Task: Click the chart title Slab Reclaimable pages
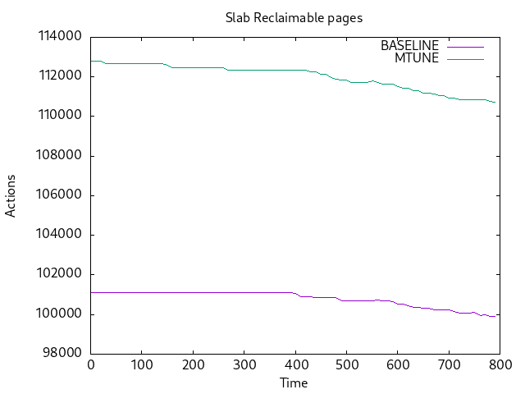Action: click(294, 17)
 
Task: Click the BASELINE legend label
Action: click(409, 46)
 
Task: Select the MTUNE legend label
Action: click(417, 58)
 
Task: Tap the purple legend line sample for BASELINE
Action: click(465, 46)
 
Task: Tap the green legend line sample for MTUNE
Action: click(465, 58)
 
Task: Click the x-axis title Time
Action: click(294, 383)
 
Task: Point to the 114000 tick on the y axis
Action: click(58, 37)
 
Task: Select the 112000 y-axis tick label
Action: click(58, 76)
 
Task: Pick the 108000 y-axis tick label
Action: click(58, 156)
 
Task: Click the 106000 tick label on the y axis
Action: click(58, 195)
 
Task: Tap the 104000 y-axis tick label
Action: click(58, 235)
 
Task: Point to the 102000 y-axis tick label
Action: click(58, 274)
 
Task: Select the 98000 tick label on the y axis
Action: click(62, 354)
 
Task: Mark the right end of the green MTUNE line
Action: click(495, 103)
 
